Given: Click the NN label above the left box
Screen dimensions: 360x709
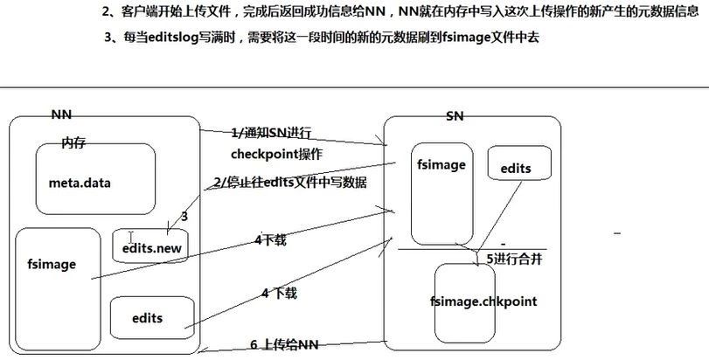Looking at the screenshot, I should pos(60,114).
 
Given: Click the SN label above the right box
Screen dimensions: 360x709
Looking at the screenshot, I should pos(455,116).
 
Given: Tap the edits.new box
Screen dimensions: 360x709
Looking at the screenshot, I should pos(152,247).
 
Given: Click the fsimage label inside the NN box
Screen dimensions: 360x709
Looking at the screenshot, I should pos(52,264).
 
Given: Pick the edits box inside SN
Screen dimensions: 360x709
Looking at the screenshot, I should pos(515,168).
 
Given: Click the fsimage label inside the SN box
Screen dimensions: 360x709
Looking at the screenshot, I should pos(442,163).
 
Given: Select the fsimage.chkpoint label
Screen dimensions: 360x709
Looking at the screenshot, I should pos(483,301).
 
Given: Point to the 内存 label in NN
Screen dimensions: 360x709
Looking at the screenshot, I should pos(73,142).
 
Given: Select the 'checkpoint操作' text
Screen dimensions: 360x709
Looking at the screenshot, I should pos(276,154).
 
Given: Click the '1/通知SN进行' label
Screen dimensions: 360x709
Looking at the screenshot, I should pos(272,134).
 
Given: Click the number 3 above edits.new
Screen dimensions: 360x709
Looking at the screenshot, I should pos(184,216).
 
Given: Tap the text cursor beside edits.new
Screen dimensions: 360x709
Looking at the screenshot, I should pos(130,238).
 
